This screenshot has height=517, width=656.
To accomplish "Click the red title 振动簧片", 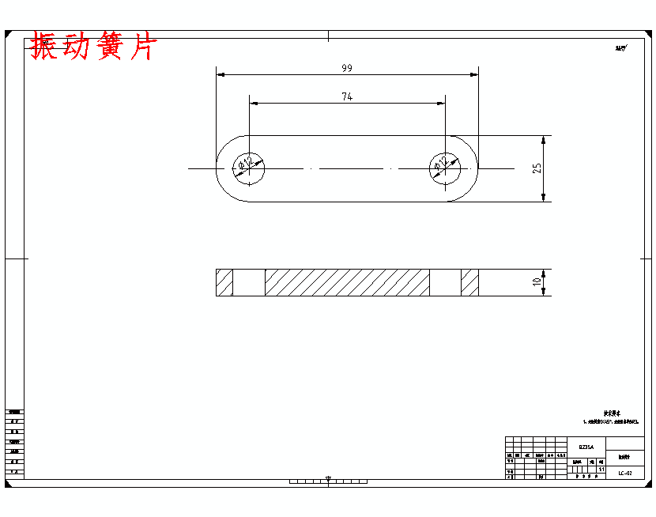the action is pos(93,47).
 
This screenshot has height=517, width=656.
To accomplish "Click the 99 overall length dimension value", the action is pos(347,68).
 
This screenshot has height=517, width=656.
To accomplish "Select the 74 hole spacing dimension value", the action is pos(347,96).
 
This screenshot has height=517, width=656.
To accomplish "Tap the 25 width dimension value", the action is pos(537,168).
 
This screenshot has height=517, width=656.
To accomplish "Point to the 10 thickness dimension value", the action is pos(537,282).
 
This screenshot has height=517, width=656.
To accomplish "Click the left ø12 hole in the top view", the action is pos(249,168).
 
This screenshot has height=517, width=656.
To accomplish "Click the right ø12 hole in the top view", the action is pos(445,168).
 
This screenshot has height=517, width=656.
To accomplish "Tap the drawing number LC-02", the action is pos(625,473).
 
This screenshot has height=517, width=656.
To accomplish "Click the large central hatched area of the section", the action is pos(347,282).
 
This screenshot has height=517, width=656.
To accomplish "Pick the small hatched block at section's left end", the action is pos(224,282).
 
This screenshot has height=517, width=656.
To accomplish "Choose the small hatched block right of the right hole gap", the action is pos(470,282).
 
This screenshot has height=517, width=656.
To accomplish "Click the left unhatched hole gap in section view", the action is pos(249,282).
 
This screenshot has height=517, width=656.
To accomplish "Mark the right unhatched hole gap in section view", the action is pos(445,282).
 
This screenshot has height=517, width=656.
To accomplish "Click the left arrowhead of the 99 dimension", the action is pos(221,74).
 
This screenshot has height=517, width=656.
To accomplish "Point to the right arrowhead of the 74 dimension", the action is pos(441,103).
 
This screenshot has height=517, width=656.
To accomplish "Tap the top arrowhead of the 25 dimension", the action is pos(544,139).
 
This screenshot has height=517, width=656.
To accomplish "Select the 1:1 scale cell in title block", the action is pos(601,470).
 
